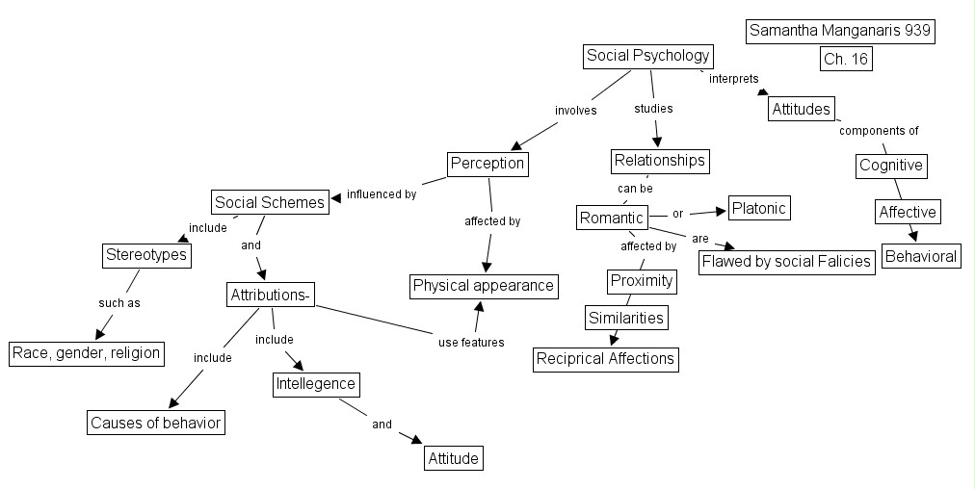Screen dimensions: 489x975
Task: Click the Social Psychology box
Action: tap(648, 56)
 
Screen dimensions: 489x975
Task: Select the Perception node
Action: tap(487, 164)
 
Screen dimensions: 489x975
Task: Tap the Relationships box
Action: tap(660, 160)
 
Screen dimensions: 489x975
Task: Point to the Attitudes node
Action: tap(801, 109)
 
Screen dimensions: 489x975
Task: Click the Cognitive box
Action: tap(891, 166)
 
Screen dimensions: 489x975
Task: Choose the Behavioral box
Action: tap(921, 256)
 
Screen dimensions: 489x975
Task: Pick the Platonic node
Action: tap(759, 208)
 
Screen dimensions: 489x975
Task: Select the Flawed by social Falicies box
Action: tap(786, 261)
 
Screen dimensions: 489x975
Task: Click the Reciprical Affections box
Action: tap(606, 359)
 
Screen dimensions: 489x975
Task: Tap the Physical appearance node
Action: tap(484, 285)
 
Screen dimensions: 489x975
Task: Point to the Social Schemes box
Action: tap(270, 202)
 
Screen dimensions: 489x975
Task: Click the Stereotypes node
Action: tap(145, 256)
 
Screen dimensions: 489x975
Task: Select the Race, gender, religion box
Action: tap(86, 352)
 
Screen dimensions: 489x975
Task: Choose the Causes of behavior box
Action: tap(155, 423)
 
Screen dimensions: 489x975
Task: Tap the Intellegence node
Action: tap(316, 384)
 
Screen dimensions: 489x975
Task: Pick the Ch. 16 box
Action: tap(845, 59)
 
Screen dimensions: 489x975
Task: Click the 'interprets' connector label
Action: tap(733, 79)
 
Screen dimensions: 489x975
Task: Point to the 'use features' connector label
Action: tap(471, 342)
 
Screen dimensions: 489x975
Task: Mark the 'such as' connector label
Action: tap(119, 303)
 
